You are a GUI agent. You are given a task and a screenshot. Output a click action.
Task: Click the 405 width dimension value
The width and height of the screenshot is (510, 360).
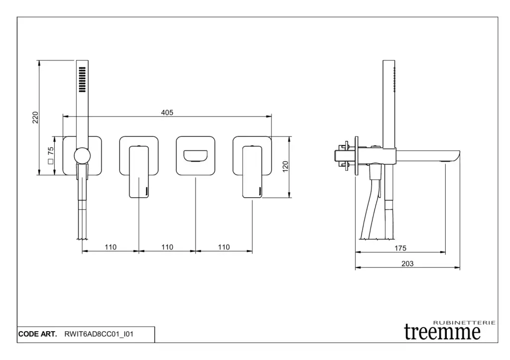point(167,113)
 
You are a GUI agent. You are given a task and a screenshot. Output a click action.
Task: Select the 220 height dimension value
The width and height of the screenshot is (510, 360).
point(35,118)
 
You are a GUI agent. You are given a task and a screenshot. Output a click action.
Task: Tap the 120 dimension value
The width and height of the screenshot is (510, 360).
point(285,166)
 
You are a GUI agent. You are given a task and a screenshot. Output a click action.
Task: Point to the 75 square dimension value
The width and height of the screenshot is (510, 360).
point(50,151)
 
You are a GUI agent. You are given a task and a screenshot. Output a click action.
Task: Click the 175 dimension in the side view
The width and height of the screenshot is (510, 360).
point(400,248)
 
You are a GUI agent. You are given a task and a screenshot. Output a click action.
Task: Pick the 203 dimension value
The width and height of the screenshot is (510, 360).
point(407,264)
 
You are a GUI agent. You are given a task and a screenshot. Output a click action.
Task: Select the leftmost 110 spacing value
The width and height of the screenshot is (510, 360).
point(111,247)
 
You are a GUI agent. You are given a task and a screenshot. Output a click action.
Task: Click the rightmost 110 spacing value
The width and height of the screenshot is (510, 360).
point(224,247)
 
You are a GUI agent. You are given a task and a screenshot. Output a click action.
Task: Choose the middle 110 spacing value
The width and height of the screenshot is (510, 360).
point(167,247)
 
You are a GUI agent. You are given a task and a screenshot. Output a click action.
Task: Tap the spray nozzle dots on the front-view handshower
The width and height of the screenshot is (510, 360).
point(82,79)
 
